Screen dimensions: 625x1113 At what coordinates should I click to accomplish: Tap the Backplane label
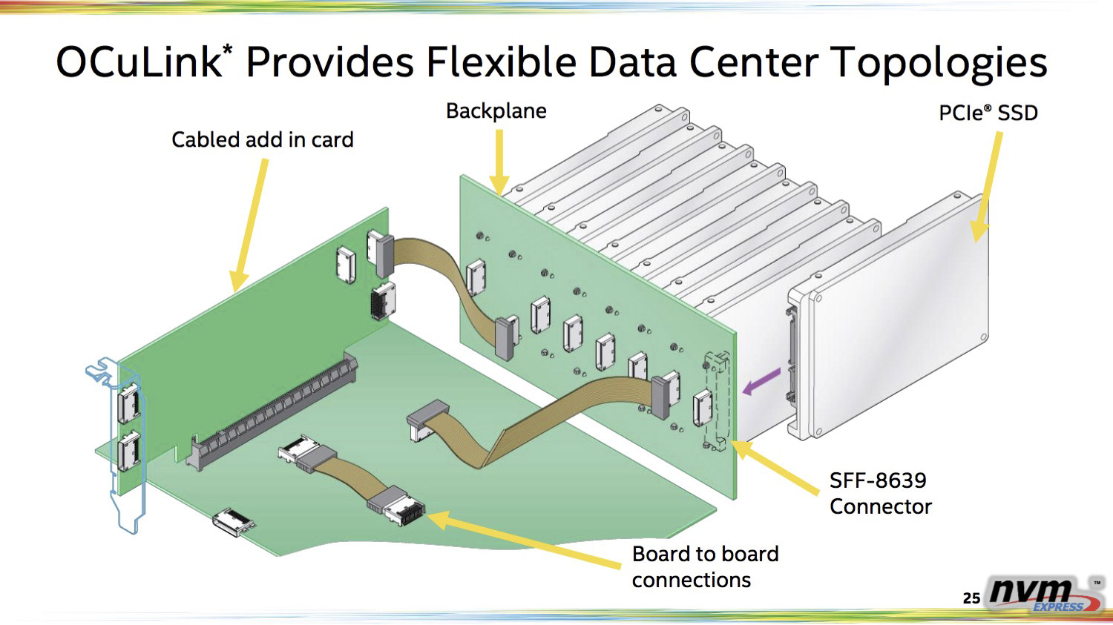click(496, 111)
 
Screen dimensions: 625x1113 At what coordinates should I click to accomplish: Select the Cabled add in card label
click(262, 139)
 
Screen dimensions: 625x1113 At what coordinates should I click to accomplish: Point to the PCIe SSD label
click(988, 113)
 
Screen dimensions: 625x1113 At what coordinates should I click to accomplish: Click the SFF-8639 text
click(878, 480)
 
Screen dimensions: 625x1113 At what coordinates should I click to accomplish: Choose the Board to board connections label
click(705, 566)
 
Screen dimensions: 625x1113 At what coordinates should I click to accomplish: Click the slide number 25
click(971, 598)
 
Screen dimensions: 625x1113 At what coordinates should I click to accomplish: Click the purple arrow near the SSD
click(761, 381)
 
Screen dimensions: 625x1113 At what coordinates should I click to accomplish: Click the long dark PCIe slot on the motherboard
click(274, 411)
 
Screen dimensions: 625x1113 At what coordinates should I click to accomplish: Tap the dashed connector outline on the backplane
click(718, 400)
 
